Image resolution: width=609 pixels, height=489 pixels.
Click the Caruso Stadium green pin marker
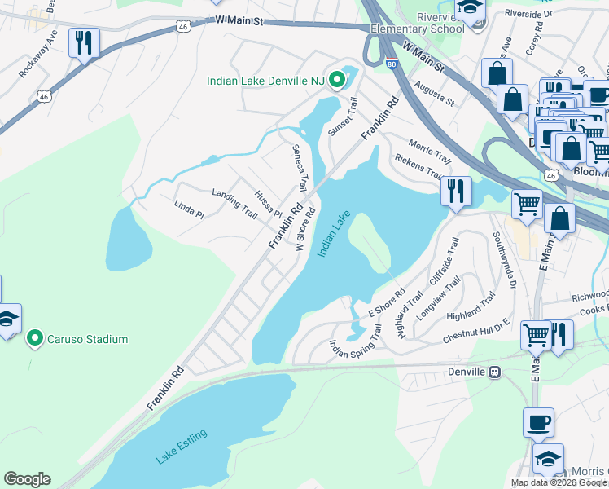(34, 338)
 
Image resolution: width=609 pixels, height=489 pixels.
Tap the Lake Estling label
(182, 446)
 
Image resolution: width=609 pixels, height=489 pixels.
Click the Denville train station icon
(493, 372)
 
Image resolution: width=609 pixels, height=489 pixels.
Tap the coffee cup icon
(538, 422)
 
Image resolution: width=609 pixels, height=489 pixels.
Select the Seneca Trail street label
(300, 168)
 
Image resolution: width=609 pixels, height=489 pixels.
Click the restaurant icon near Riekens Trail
(456, 191)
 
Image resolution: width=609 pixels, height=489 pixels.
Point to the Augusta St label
(433, 92)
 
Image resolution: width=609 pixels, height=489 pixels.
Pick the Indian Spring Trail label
(355, 344)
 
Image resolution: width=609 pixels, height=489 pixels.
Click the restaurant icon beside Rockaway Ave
(84, 42)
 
